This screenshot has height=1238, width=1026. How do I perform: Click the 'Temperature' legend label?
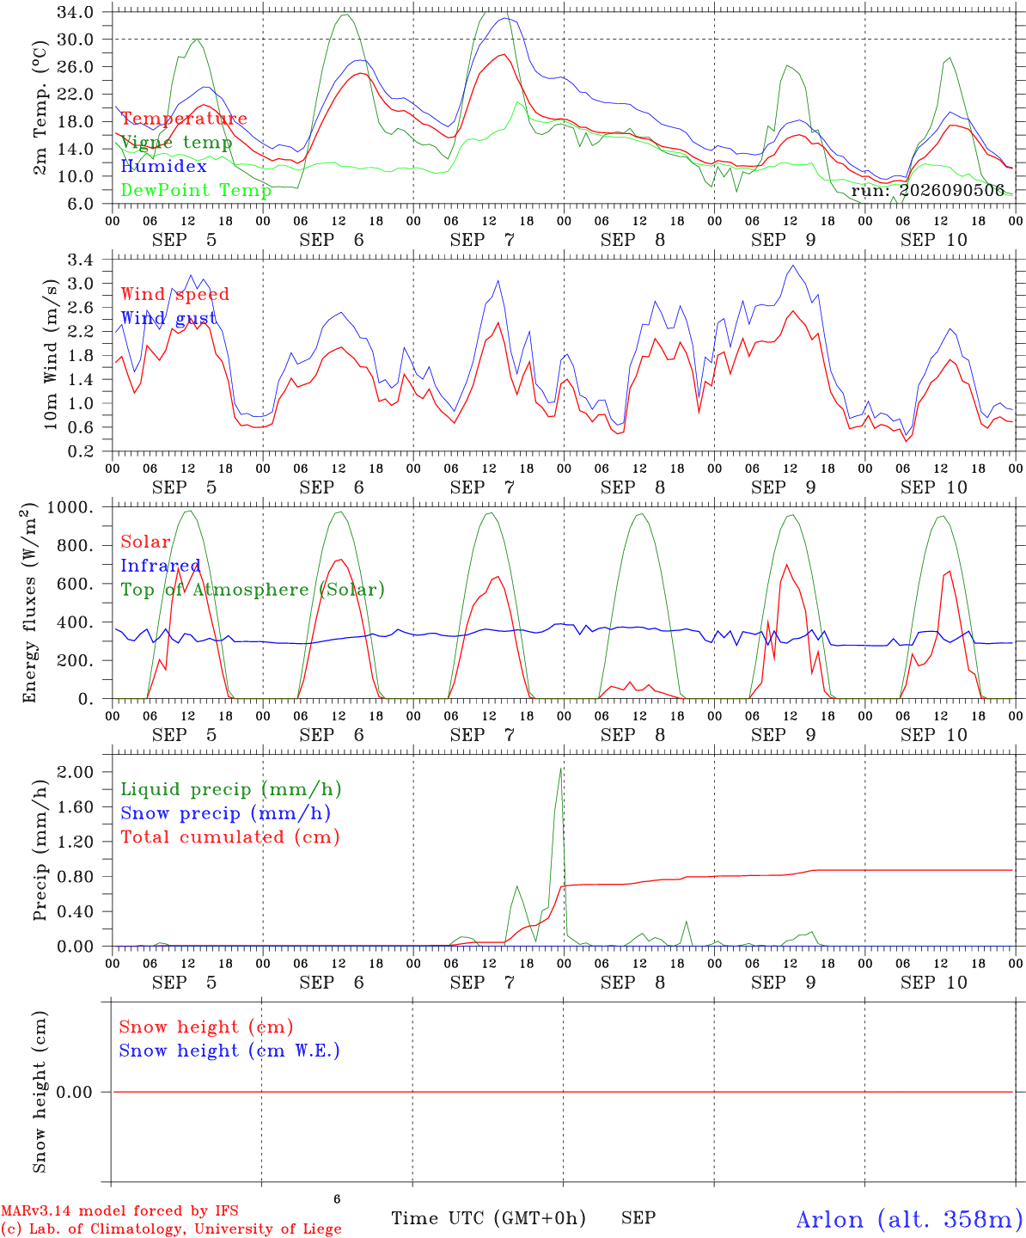(x=184, y=119)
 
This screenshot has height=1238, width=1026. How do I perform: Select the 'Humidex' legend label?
(x=163, y=166)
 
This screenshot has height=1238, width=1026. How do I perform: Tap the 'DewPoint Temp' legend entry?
(x=196, y=190)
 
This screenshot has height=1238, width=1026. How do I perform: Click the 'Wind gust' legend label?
(x=169, y=318)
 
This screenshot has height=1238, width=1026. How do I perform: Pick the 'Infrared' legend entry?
(x=160, y=566)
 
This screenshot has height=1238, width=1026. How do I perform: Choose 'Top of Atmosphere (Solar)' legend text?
(x=253, y=590)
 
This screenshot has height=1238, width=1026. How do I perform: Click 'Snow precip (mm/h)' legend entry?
(x=225, y=813)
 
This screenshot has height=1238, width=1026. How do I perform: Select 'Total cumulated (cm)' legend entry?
(x=230, y=837)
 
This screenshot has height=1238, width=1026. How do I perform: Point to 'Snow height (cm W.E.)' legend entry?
(x=229, y=1050)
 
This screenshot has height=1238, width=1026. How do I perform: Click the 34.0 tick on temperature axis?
(x=76, y=12)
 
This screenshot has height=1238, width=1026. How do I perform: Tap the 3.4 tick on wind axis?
(x=80, y=260)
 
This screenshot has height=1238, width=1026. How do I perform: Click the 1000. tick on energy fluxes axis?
(x=70, y=507)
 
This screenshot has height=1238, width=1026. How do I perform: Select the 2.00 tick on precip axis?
(x=76, y=772)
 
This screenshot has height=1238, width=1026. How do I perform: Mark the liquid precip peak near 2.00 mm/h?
(x=560, y=769)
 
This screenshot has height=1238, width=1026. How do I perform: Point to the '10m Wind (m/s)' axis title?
(x=51, y=354)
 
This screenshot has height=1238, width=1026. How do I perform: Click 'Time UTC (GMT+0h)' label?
(x=488, y=1217)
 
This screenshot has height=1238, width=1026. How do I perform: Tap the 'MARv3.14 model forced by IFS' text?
(x=119, y=1210)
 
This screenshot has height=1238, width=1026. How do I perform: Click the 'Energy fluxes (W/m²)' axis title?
(x=29, y=603)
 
